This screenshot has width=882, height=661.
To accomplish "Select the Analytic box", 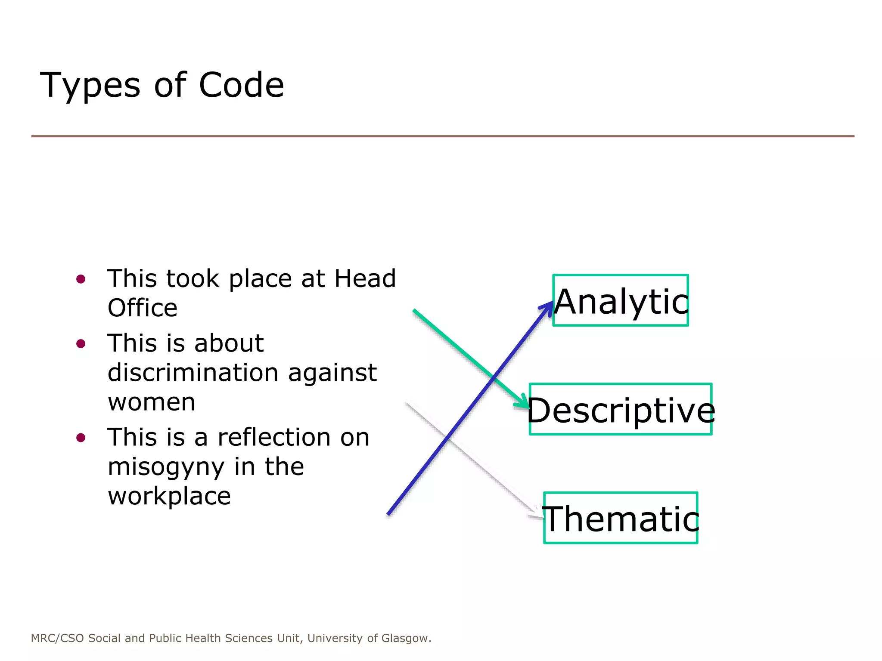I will [620, 301].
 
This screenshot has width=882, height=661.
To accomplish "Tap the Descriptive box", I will [620, 410].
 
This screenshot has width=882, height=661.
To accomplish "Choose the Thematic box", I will [620, 518].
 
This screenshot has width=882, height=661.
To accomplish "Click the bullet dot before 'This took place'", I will [81, 279].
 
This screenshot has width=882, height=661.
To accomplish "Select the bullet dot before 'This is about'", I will [81, 344].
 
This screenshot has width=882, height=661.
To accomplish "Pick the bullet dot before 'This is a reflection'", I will [81, 438].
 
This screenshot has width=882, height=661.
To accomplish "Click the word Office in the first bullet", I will [143, 308].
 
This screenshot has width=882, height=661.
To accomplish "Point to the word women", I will [152, 402].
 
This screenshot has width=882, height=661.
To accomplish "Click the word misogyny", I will [166, 467].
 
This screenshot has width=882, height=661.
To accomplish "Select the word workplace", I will [169, 497].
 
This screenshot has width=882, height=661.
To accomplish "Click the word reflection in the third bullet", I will [274, 438].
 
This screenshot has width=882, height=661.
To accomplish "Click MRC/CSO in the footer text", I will [58, 638].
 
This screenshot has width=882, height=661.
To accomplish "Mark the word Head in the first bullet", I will [365, 278].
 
